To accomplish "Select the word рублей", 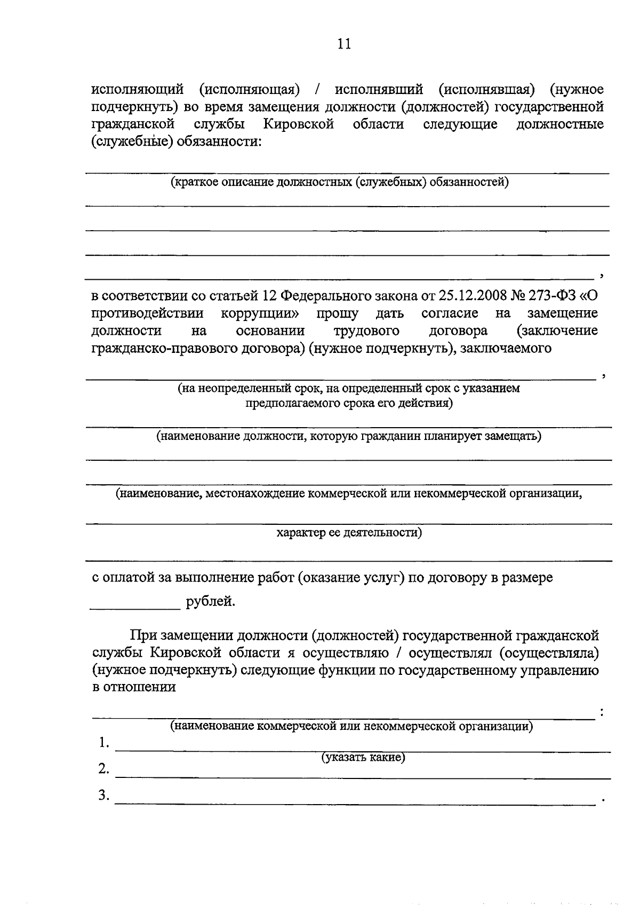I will pyautogui.click(x=210, y=602).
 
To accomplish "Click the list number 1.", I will pyautogui.click(x=103, y=743).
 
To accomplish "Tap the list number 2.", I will pyautogui.click(x=103, y=769).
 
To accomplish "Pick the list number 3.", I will pyautogui.click(x=103, y=796).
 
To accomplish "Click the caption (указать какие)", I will pyautogui.click(x=363, y=757).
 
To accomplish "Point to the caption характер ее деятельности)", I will pyautogui.click(x=349, y=532).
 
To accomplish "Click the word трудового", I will pyautogui.click(x=366, y=330).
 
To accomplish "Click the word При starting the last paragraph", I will pyautogui.click(x=144, y=636).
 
